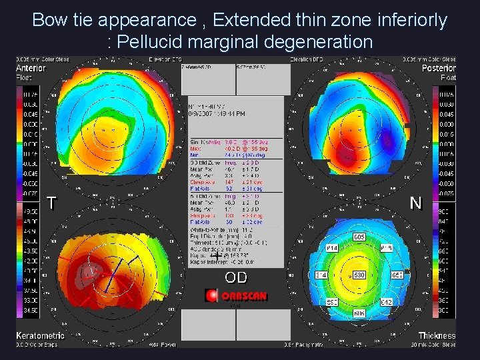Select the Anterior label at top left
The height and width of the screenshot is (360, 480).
(x=31, y=68)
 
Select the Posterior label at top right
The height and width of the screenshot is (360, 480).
(x=439, y=68)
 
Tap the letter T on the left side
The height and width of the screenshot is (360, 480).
(x=51, y=203)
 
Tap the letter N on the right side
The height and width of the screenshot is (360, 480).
(x=416, y=203)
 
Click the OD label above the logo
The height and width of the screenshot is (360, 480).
(x=236, y=277)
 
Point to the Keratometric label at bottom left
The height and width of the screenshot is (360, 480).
(x=40, y=335)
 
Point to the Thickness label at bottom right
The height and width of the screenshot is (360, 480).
(x=437, y=335)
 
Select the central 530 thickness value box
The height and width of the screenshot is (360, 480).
(x=359, y=275)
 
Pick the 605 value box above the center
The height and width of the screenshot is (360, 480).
(x=359, y=237)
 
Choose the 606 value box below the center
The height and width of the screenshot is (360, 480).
(x=359, y=313)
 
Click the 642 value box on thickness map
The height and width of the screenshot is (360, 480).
(x=386, y=302)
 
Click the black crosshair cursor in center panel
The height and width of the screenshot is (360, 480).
(x=216, y=255)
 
